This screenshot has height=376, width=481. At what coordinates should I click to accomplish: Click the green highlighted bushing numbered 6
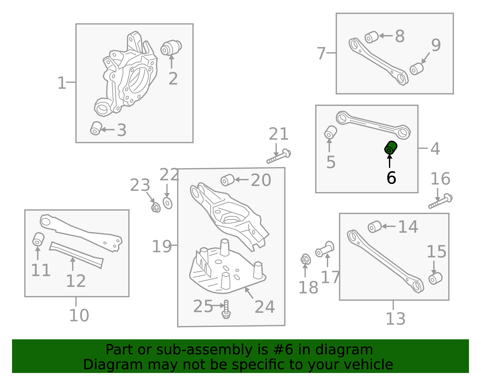(391, 148)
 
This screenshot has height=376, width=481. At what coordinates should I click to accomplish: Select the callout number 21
(278, 134)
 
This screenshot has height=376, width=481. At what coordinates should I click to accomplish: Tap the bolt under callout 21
(279, 156)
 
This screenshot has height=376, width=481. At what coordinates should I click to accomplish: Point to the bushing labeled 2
(171, 48)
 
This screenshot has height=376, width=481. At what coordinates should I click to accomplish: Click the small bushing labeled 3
(96, 128)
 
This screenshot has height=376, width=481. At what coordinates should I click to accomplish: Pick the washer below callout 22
(167, 203)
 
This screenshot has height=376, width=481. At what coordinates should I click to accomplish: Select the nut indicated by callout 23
(156, 207)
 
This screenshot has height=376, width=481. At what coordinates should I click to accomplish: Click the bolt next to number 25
(226, 309)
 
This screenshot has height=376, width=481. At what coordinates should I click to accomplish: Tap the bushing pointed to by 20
(228, 180)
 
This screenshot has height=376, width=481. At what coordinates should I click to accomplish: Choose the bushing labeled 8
(372, 37)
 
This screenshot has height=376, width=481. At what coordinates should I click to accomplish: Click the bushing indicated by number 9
(417, 69)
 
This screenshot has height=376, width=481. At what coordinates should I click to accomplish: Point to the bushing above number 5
(330, 132)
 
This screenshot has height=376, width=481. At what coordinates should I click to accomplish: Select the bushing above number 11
(38, 239)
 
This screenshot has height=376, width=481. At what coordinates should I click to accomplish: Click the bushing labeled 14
(375, 227)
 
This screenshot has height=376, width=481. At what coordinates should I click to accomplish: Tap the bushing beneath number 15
(435, 278)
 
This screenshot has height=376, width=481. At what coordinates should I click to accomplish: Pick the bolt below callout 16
(440, 201)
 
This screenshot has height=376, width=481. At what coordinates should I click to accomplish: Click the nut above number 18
(306, 259)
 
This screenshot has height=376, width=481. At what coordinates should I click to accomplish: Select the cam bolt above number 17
(325, 249)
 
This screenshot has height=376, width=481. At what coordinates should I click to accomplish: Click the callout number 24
(265, 307)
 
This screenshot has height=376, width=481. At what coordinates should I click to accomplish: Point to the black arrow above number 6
(390, 161)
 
